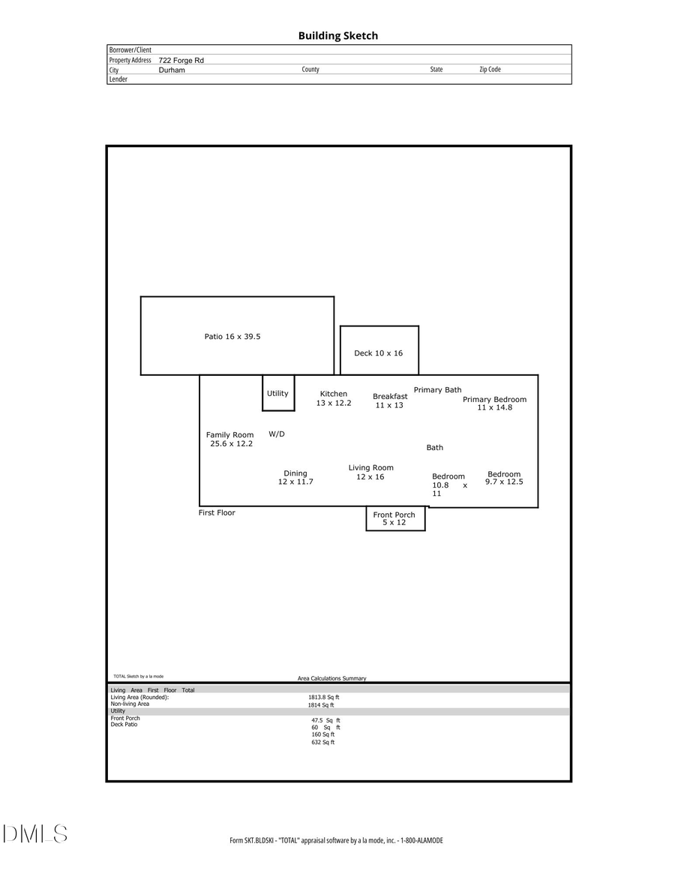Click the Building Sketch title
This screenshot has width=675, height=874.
click(x=337, y=36)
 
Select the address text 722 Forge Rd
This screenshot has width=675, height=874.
click(x=181, y=60)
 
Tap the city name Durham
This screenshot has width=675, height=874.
click(x=172, y=70)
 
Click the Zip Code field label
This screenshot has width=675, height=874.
click(x=490, y=69)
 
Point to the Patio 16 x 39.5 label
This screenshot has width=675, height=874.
click(x=232, y=337)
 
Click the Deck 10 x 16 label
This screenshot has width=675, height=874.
click(x=378, y=353)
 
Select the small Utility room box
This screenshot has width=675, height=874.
click(x=277, y=393)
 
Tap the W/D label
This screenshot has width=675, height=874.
click(x=277, y=434)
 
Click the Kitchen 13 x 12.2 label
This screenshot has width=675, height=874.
click(x=334, y=398)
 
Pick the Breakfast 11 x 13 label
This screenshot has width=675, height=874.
click(x=390, y=401)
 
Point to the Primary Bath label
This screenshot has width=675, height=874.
click(x=437, y=390)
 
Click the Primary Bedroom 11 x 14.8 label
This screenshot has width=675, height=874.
click(x=494, y=404)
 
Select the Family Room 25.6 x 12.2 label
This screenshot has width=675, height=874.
click(x=230, y=439)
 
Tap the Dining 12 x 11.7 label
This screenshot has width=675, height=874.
click(x=295, y=477)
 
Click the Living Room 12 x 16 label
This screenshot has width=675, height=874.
click(x=370, y=472)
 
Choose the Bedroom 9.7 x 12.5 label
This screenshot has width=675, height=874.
click(x=504, y=478)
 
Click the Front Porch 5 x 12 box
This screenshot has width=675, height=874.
click(x=395, y=518)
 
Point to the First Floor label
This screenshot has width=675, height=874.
click(x=217, y=513)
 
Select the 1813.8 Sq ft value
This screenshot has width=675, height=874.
click(x=323, y=697)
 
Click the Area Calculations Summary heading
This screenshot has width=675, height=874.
click(x=331, y=678)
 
